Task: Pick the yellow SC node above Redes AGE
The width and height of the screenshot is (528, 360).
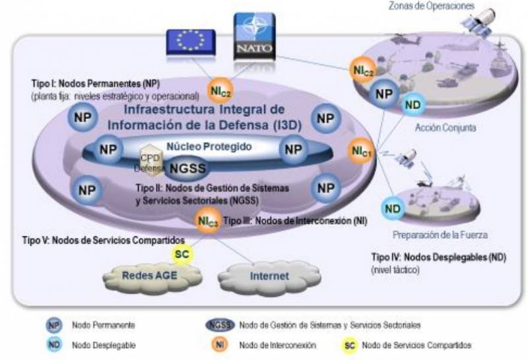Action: point(180,254)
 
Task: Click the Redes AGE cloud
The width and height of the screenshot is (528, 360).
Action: point(143,275)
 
